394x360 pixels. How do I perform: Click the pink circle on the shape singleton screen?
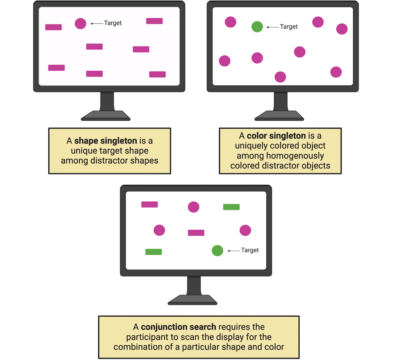coord(80,23)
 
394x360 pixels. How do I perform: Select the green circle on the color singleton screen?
coord(257,27)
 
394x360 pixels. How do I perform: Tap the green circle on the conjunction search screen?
coord(217,251)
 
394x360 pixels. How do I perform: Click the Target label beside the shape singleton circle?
coord(113,23)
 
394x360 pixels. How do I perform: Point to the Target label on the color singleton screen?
coord(289,27)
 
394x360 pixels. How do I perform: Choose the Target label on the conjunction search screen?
coord(250,250)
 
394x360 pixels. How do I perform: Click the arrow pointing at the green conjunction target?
coord(233,251)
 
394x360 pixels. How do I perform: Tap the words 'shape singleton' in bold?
coord(105,141)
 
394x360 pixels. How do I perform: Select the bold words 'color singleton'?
coord(276,136)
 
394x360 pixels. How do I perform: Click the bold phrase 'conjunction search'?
coord(179,327)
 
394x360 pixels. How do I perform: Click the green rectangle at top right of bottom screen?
coord(231,207)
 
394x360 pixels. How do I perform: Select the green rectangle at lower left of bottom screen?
coord(153,252)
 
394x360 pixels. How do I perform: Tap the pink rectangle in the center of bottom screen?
coord(196,233)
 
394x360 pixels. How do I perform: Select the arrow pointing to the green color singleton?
coord(272,27)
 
